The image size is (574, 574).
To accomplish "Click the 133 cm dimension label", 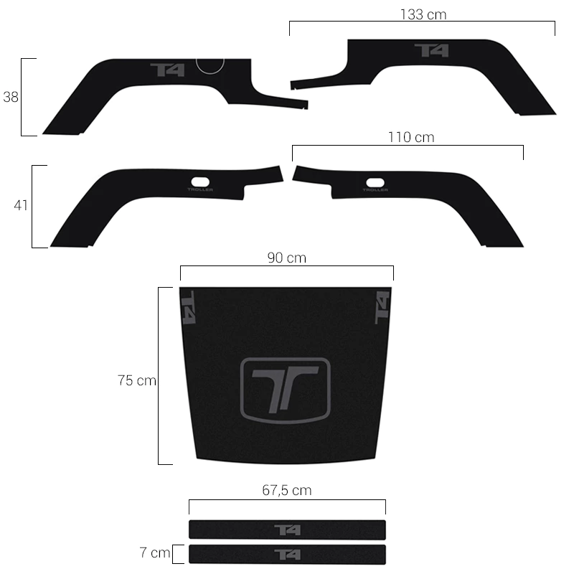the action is (423, 14).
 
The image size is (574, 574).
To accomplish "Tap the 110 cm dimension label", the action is (411, 137).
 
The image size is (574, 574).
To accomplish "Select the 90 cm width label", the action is (286, 258).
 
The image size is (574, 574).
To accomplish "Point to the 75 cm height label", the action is (137, 380).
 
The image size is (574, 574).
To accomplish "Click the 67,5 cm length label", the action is (286, 490).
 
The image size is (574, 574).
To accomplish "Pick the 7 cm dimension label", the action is (155, 552).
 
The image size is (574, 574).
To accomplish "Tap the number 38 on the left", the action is (11, 97).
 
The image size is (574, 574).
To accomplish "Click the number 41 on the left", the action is (21, 205).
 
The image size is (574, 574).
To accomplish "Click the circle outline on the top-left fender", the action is (210, 74).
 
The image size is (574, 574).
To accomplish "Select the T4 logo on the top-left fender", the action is (167, 70).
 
